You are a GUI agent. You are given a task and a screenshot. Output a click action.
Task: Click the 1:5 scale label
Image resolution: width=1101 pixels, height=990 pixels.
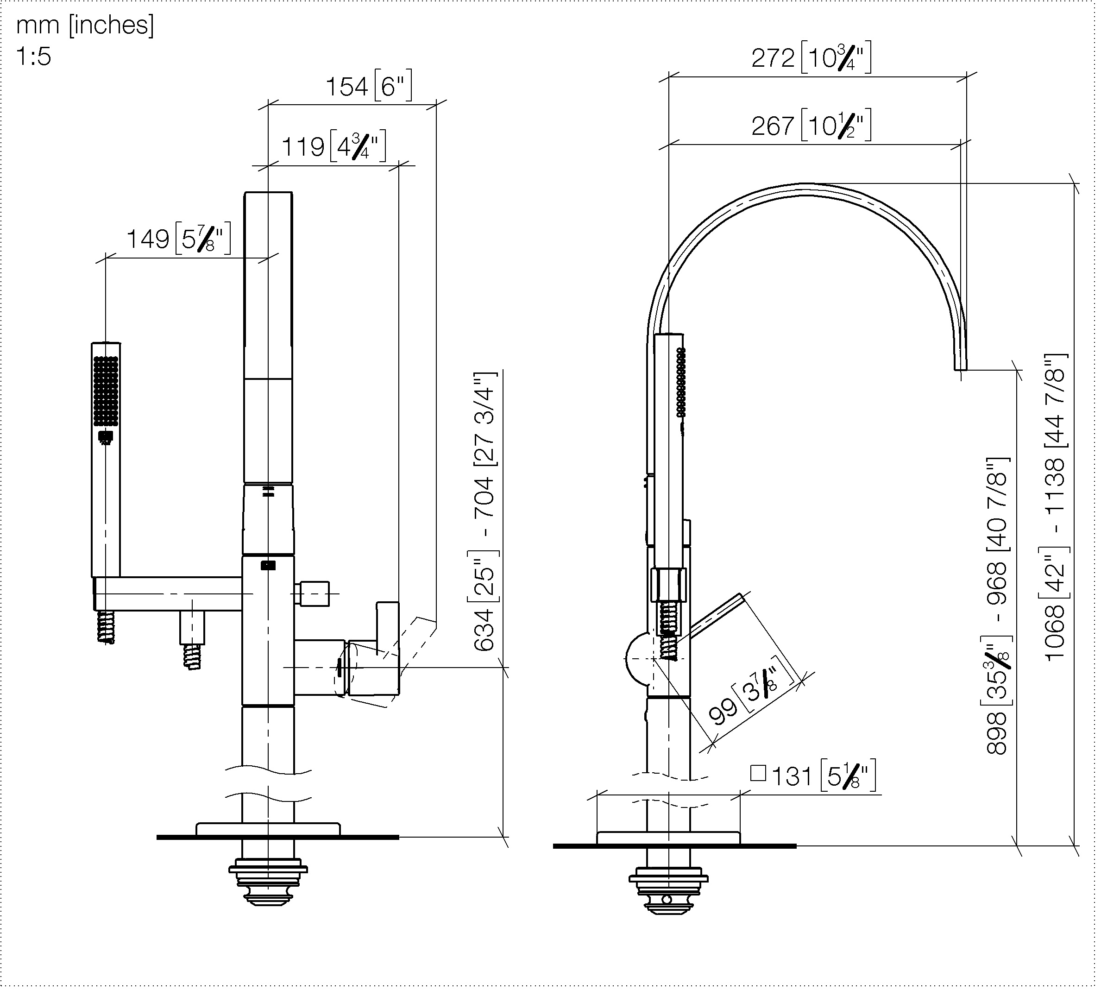34,57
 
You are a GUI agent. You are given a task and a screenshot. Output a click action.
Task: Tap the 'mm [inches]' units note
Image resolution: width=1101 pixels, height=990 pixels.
85,25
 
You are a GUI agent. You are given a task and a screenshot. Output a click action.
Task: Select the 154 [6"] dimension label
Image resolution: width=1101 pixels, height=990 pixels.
369,86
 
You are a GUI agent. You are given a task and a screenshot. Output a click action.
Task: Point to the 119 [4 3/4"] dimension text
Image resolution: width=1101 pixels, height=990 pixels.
333,146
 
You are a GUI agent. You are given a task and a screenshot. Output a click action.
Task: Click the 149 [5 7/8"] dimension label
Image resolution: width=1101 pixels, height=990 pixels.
178,238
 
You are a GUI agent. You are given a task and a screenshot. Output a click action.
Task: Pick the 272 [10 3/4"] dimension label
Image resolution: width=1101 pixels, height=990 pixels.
811,57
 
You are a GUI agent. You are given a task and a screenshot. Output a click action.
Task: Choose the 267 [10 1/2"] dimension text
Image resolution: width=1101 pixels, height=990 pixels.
811,125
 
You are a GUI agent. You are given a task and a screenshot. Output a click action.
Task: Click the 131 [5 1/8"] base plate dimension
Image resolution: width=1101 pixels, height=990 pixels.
813,776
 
